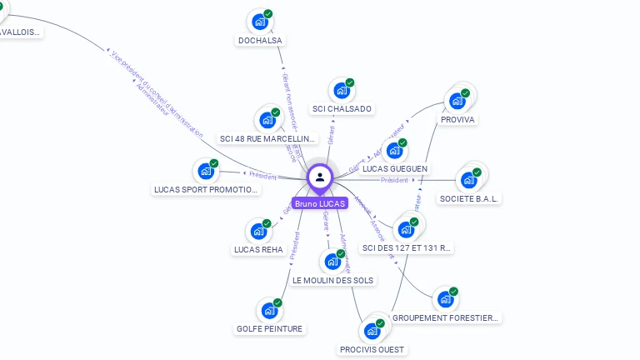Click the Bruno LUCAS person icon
pos(320,177)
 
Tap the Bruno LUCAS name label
pos(320,203)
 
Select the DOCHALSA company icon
pos(260,22)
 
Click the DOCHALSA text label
pos(260,40)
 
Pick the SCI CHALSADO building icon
pos(341,90)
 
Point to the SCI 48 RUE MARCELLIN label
pos(268,138)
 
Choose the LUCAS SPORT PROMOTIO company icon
pos(206,172)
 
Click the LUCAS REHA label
pos(258,249)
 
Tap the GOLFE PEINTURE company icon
pos(269,311)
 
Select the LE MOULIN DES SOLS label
pos(333,280)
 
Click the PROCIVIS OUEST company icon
pos(372,331)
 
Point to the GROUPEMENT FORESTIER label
pos(446,317)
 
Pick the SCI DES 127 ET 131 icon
pos(407,229)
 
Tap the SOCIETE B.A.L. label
pos(468,198)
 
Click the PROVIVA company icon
pos(457,101)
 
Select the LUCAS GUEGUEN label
pos(395,168)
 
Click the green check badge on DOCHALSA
pos(268,13)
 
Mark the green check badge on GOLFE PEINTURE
pos(277,303)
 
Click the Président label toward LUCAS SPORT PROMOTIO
pos(262,175)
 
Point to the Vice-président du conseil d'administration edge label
pos(158,93)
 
